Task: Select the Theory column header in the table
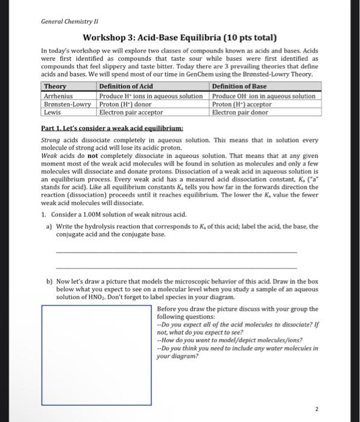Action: tap(55, 87)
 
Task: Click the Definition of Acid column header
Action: tap(126, 87)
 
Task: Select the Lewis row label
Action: tap(52, 112)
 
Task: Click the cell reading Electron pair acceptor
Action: tap(131, 112)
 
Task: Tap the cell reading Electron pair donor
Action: tap(239, 112)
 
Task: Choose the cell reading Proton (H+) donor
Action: tap(125, 104)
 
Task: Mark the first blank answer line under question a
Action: tap(175, 251)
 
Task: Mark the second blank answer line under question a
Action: tap(175, 268)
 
